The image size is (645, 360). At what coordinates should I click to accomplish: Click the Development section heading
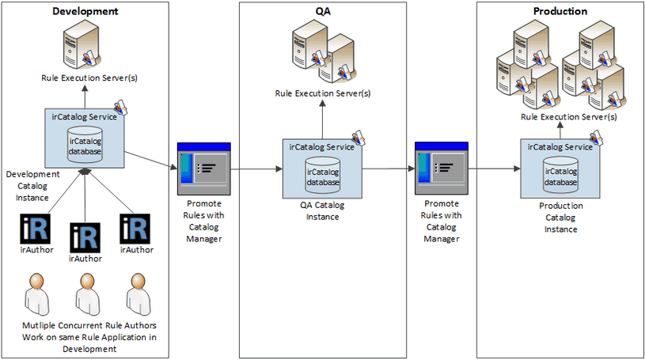click(85, 11)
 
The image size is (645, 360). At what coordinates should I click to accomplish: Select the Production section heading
click(560, 11)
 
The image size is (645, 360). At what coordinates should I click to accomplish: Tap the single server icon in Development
click(83, 47)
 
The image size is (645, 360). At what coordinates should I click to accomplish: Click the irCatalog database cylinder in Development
click(85, 142)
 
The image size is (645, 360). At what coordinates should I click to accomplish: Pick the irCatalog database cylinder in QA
click(323, 173)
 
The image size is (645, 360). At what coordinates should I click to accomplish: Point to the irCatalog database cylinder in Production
click(560, 172)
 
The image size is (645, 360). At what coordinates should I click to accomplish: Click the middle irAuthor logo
click(85, 238)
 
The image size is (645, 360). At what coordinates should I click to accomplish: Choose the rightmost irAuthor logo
click(135, 229)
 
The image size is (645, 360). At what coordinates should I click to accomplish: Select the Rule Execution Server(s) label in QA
click(323, 93)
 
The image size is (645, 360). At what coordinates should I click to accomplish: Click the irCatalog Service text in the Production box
click(560, 146)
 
